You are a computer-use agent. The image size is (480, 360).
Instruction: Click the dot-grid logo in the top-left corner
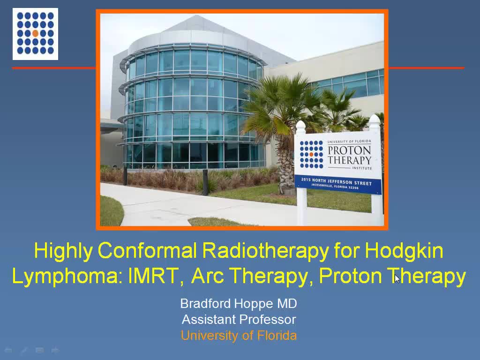[x=35, y=34]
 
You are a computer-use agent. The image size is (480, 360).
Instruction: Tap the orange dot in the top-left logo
[x=35, y=34]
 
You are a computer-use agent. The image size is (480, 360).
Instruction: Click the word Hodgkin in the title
[x=404, y=250]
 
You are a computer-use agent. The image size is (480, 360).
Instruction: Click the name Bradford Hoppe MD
[x=239, y=303]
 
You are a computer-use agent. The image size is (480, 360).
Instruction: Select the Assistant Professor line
[x=239, y=320]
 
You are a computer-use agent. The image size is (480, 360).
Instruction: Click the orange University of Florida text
[x=239, y=336]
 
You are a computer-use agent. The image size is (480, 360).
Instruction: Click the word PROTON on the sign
[x=349, y=150]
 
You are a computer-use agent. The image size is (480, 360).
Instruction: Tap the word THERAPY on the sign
[x=349, y=160]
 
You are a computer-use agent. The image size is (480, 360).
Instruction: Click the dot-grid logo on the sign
[x=311, y=154]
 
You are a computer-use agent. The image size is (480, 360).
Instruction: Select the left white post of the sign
[x=301, y=206]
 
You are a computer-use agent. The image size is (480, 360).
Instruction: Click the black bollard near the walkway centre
[x=205, y=182]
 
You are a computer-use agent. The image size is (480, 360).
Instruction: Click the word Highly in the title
[x=63, y=250]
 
